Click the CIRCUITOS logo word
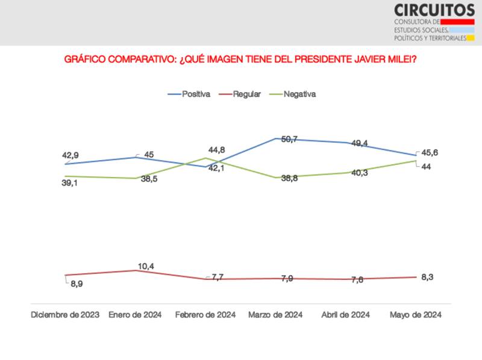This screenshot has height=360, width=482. [x=434, y=10]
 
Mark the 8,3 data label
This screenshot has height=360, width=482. [x=428, y=277]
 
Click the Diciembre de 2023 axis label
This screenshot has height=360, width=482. [x=65, y=315]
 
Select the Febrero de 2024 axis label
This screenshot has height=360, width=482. [x=205, y=315]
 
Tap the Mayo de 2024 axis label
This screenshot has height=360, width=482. [x=416, y=315]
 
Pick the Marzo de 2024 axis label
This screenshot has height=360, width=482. [x=275, y=315]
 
